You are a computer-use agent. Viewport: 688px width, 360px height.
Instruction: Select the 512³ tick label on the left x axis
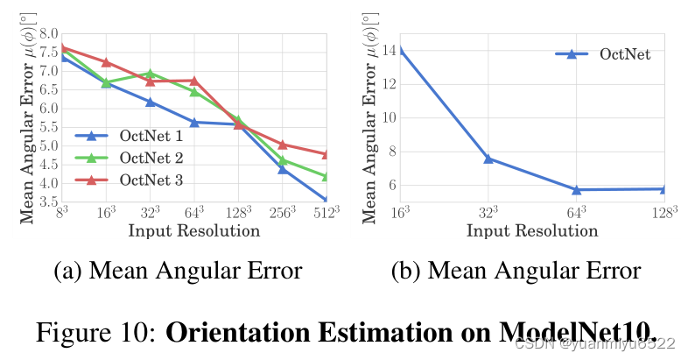click(x=326, y=213)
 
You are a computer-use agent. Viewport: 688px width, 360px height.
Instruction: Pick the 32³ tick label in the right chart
click(x=488, y=213)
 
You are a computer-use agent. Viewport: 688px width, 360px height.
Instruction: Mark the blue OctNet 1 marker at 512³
click(x=326, y=201)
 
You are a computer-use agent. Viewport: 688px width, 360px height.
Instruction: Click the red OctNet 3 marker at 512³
click(x=326, y=155)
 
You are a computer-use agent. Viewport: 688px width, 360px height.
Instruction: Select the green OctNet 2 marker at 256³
click(x=283, y=160)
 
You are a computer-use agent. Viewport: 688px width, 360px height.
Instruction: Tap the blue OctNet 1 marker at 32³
click(x=150, y=102)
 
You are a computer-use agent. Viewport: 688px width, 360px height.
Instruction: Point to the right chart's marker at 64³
click(x=576, y=189)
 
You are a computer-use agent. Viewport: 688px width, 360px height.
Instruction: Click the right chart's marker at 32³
click(x=488, y=159)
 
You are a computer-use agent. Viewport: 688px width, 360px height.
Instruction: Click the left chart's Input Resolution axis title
click(x=193, y=231)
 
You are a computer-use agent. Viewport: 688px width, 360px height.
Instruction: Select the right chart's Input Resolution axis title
click(x=532, y=231)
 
